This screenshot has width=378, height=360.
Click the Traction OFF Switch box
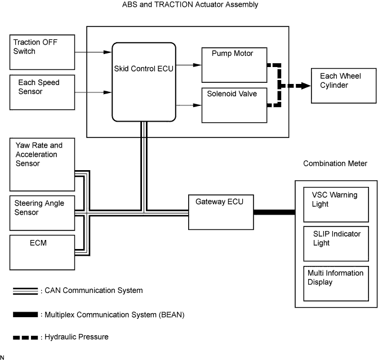[42, 49]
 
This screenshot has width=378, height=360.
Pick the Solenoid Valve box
[235, 104]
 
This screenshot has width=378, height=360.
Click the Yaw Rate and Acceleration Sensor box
[42, 165]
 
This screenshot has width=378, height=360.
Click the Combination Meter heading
[335, 163]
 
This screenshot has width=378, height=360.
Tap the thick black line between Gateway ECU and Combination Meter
[274, 212]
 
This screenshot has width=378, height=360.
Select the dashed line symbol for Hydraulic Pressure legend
[26, 337]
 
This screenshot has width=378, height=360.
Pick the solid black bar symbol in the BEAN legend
[26, 314]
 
